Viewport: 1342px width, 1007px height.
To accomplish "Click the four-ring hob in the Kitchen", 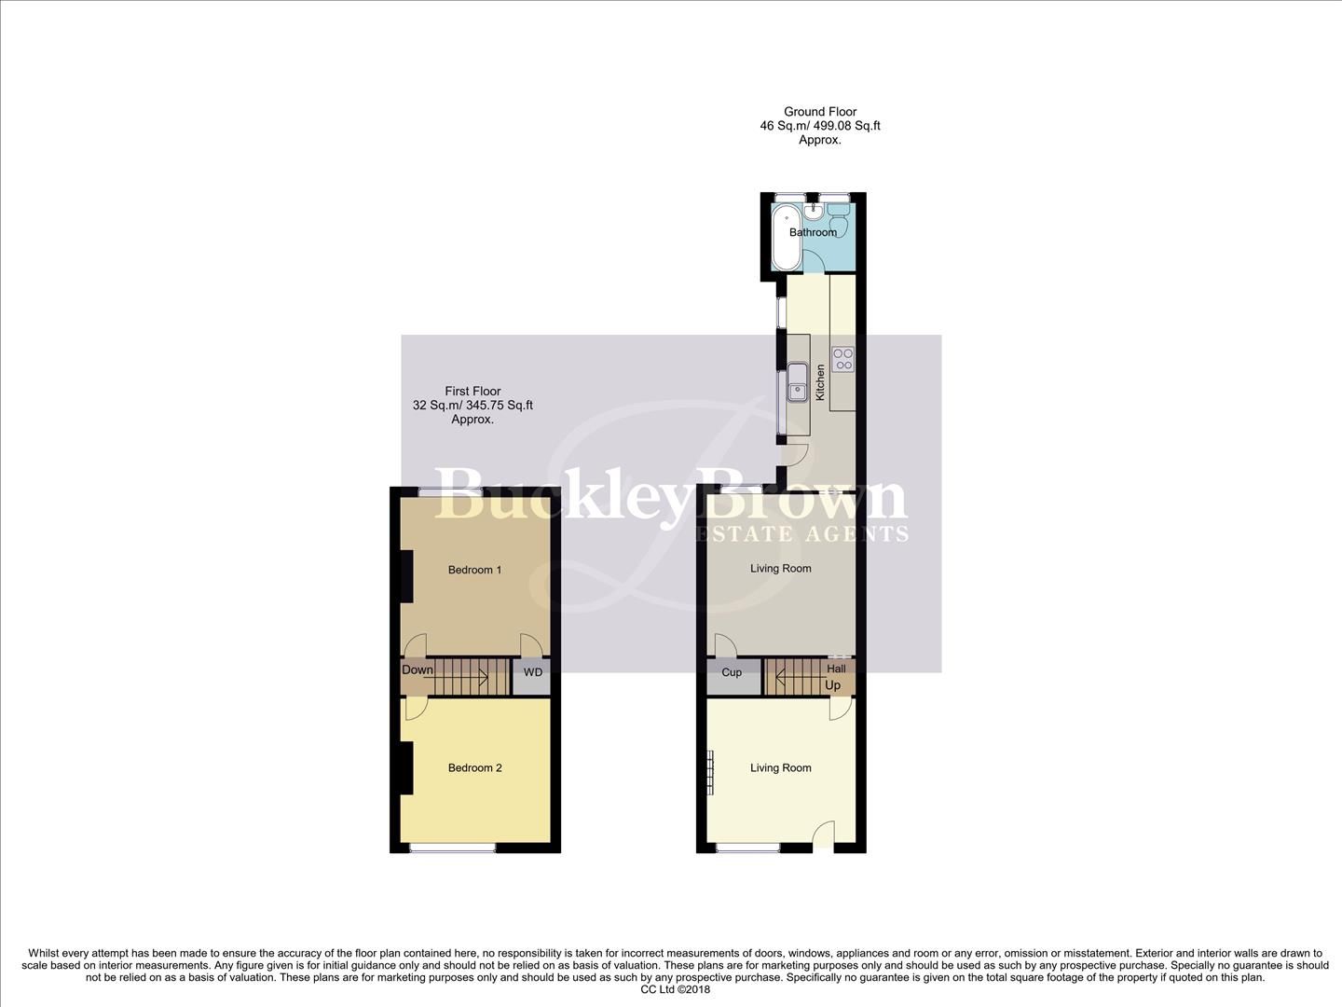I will [x=842, y=359].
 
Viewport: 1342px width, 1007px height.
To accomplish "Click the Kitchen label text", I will [x=820, y=382].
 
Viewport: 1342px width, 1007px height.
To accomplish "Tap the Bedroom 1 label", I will [x=474, y=570].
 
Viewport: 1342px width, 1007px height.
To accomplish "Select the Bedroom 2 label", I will [x=474, y=768].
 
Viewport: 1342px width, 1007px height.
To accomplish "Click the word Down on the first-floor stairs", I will [x=418, y=669].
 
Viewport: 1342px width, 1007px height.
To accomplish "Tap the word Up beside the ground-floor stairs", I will [x=832, y=685].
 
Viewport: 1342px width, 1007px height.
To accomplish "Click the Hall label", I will [x=836, y=669].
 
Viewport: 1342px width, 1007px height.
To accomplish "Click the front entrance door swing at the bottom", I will [x=822, y=835].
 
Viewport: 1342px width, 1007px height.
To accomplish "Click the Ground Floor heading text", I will [x=820, y=112].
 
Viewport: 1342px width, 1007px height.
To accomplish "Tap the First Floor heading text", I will [x=472, y=392].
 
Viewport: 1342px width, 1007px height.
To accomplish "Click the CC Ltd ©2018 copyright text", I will [x=676, y=990].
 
